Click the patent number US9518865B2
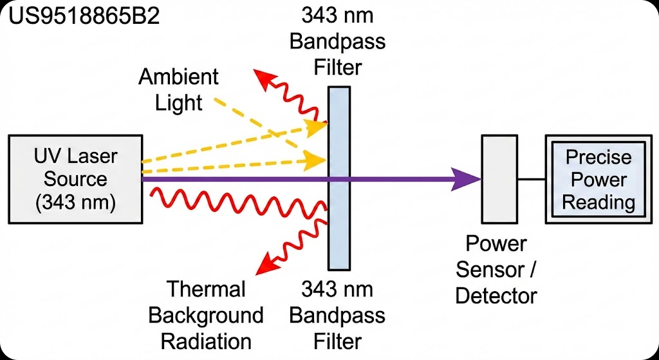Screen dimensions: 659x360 click(84, 18)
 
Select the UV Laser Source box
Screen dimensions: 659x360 click(75, 179)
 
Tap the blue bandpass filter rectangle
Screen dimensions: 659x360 click(339, 178)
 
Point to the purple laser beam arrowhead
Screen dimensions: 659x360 click(466, 179)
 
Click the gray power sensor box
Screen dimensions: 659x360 click(499, 179)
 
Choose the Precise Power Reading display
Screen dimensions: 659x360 click(599, 179)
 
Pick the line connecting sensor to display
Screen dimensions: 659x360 click(531, 180)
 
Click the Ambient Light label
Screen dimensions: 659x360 click(179, 90)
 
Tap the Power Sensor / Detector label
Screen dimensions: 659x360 click(496, 270)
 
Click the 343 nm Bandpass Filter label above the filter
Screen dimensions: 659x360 click(338, 42)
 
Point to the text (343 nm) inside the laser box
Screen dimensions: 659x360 click(75, 202)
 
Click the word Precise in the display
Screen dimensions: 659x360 click(599, 157)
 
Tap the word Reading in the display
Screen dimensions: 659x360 click(599, 203)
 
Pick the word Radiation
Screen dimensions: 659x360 click(207, 341)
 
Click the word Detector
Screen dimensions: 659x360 click(496, 296)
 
